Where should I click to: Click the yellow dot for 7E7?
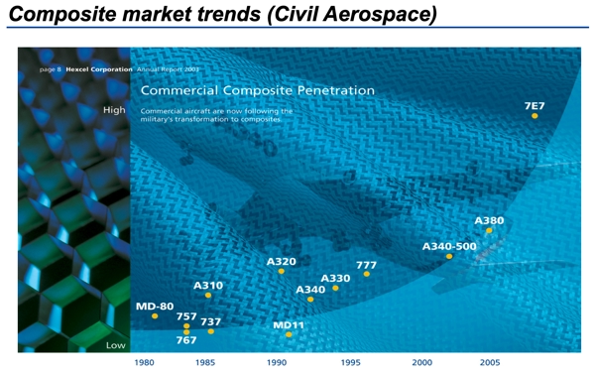535,116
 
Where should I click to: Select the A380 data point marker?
489,230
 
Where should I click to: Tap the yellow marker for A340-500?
449,256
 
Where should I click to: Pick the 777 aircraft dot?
367,274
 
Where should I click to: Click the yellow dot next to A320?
282,271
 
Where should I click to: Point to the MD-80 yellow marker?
155,316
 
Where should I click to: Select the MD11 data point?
289,335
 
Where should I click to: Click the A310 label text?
208,286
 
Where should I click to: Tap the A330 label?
335,278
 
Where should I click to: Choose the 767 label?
186,341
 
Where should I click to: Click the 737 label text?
211,321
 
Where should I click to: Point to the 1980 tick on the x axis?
145,363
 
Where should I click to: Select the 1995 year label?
351,363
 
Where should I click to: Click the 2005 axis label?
489,363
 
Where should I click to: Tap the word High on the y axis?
114,110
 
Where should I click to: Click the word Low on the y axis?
116,345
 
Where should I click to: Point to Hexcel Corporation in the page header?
98,70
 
